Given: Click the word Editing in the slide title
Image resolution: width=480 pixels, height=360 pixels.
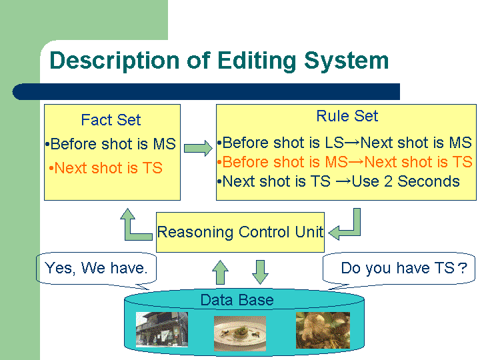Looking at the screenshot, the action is [x=257, y=61].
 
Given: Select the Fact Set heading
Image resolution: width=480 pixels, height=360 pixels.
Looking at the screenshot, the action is [x=111, y=120].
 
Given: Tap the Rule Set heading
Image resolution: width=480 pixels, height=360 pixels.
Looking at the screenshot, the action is [x=347, y=116].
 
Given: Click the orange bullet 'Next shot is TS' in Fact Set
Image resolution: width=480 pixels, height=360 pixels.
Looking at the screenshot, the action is [x=105, y=168].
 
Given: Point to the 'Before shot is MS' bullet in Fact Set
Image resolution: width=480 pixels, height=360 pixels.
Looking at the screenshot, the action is [x=111, y=144].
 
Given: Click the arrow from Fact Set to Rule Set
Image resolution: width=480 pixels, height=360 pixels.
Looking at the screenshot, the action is [x=198, y=148].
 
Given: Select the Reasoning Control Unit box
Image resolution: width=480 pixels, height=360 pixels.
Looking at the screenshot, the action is [x=240, y=232].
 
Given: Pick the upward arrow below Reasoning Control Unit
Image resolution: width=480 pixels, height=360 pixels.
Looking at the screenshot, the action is [x=220, y=272].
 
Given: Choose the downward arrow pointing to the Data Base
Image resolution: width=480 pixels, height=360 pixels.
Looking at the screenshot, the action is [x=260, y=272].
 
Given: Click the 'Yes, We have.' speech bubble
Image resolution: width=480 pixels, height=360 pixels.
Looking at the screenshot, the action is [x=97, y=269].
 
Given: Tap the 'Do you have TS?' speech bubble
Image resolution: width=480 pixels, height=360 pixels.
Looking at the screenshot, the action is [x=399, y=269].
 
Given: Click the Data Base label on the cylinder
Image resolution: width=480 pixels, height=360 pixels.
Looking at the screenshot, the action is [x=237, y=300].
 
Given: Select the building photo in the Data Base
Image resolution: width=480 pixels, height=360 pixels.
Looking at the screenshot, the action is [x=162, y=329].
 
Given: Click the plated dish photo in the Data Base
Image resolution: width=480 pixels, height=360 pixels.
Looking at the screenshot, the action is [x=240, y=333].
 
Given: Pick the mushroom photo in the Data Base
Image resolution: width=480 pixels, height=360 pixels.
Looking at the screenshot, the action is [x=323, y=330].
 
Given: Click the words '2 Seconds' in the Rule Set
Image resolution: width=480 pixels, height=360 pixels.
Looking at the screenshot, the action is [x=422, y=181].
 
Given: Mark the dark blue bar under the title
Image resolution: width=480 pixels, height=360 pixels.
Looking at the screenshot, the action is [x=206, y=91].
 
